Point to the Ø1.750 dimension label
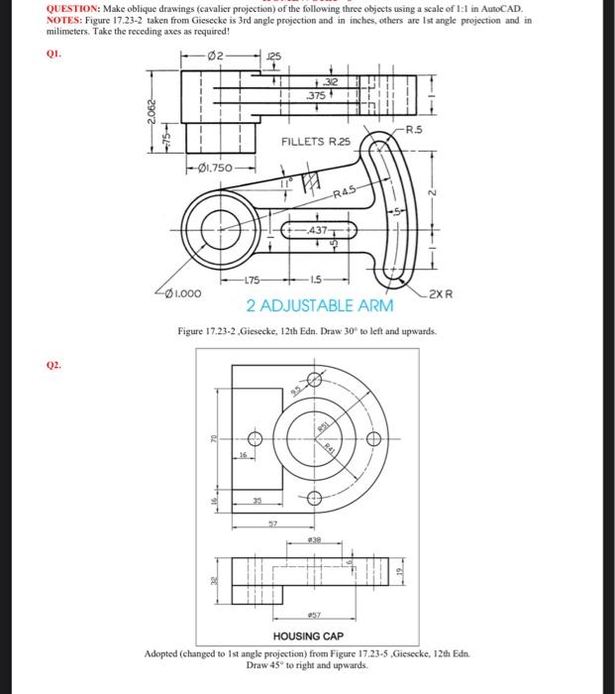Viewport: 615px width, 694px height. (x=219, y=168)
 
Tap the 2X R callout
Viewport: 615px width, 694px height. (x=443, y=293)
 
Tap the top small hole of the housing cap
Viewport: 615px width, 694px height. (x=315, y=379)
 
